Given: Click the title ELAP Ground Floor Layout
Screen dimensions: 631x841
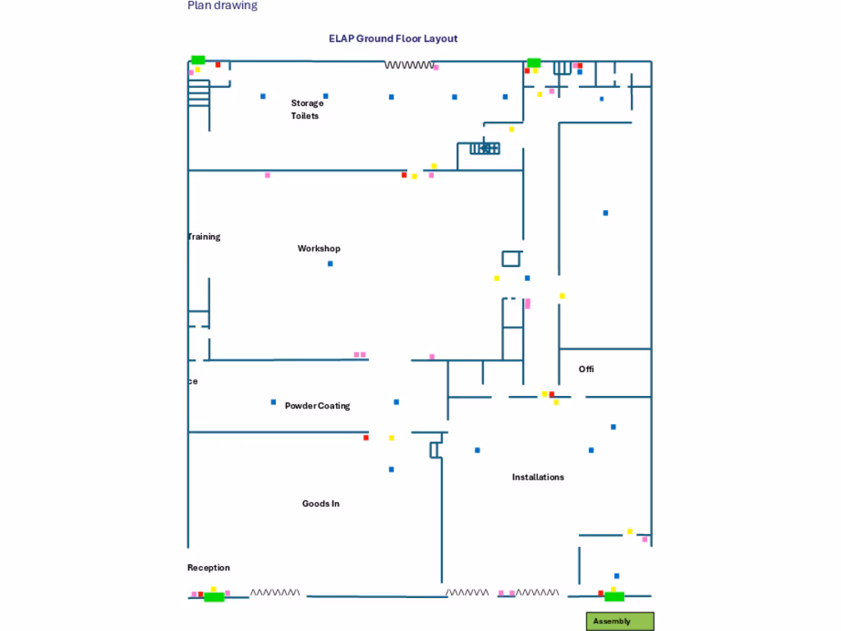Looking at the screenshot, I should point(393,39).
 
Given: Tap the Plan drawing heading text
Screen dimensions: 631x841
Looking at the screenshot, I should point(223,6).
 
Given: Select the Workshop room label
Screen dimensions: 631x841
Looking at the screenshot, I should point(319,248).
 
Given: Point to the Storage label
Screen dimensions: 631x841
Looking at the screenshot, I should point(307,103).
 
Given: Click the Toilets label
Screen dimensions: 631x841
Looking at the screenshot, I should point(305,116).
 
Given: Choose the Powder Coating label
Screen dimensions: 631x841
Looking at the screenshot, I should point(317,406).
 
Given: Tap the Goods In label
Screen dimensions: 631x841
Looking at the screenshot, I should point(320,504).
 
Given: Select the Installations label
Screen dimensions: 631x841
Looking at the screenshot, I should point(538,477).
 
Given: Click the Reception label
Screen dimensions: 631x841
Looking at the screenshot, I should point(209,568).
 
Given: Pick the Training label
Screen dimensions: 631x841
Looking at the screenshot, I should point(204,237).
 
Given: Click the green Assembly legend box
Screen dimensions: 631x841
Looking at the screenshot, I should point(620,621).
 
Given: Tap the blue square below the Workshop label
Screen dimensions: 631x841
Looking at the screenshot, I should point(330,264).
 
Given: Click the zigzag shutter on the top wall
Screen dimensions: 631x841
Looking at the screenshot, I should point(409,65).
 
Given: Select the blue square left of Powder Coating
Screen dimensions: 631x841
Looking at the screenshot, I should point(273,402).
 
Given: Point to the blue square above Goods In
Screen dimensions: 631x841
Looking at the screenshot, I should point(391,469).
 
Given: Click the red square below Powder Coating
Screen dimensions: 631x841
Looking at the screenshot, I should point(365,438).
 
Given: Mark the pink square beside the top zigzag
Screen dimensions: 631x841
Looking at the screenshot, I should point(436,67).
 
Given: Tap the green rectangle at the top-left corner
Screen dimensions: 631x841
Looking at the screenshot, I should point(198,60).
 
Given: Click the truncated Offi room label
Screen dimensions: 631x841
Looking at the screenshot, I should point(586,369).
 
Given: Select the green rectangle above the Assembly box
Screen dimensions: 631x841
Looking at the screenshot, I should point(614,596).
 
